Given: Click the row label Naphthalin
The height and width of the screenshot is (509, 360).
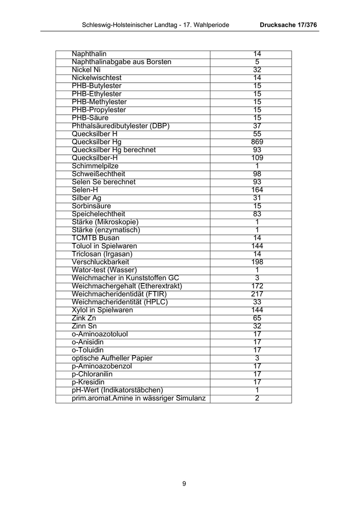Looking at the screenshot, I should (x=89, y=54).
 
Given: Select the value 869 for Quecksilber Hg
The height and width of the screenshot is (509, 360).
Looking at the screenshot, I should (x=257, y=142).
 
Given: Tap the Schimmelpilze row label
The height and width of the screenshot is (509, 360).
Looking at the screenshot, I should (x=95, y=166).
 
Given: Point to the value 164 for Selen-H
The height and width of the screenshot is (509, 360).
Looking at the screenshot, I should (x=257, y=190).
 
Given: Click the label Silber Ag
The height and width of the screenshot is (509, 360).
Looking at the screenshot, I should (x=86, y=198).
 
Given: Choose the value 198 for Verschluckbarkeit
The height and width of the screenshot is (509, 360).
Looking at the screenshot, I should (x=257, y=262).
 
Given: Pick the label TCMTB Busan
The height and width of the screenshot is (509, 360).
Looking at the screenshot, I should (x=96, y=238).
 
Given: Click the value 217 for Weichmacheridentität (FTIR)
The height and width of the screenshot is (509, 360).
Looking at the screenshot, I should (x=257, y=294).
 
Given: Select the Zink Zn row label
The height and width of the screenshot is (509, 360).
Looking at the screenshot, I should (x=84, y=318).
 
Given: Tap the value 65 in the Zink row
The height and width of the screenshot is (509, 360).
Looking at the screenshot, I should (x=257, y=318).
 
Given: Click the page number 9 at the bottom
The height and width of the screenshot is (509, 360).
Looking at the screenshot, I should (x=184, y=483).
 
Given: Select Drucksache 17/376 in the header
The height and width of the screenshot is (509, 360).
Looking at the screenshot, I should (x=289, y=25).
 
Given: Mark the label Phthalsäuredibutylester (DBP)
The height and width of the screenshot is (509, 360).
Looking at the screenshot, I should (x=121, y=126).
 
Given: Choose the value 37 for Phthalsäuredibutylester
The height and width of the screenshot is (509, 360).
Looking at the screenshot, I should (x=257, y=126).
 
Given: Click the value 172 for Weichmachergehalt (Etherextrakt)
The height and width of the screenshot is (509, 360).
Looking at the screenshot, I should (x=257, y=286).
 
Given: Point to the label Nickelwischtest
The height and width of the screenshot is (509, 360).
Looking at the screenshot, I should (x=97, y=78).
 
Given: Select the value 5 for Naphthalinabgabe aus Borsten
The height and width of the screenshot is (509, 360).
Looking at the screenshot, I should (x=257, y=62).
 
